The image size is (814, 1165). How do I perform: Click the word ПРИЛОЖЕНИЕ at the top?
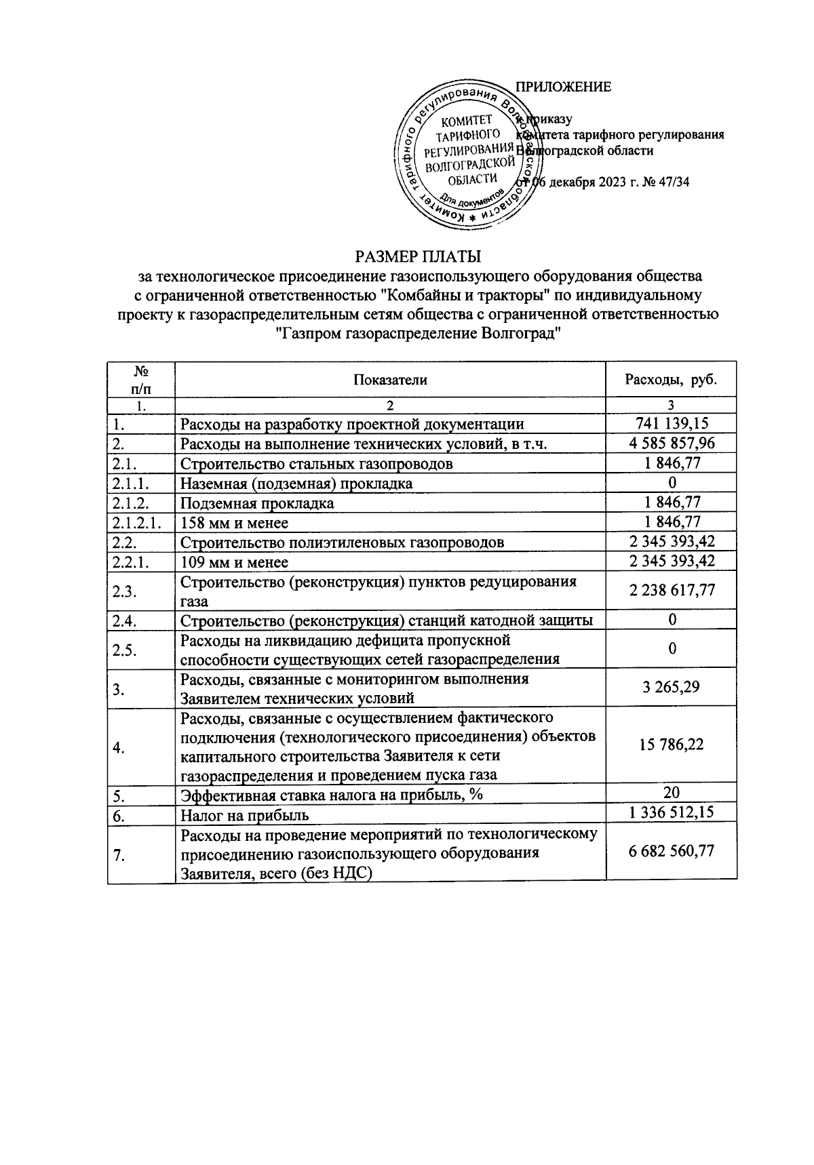(564, 87)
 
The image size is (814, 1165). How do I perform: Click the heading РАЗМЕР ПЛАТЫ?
(418, 257)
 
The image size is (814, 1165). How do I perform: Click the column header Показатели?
(390, 380)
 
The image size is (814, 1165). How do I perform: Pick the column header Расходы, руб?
(671, 380)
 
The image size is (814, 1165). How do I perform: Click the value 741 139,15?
(672, 424)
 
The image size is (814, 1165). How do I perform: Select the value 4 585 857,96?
(672, 443)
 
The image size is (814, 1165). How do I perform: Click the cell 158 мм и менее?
(234, 523)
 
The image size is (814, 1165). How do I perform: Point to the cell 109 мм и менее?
(234, 562)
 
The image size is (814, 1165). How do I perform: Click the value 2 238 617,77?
(672, 591)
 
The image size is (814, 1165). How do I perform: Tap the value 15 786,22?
(672, 745)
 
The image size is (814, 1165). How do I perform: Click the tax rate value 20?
(672, 792)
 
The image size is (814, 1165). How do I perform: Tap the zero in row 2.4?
(672, 619)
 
